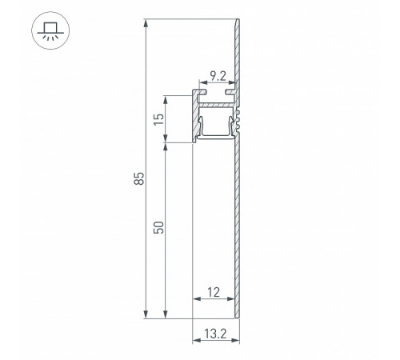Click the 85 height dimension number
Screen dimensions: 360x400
[x=138, y=178]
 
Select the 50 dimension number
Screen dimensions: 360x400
[x=158, y=227]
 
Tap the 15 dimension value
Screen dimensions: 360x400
[x=158, y=120]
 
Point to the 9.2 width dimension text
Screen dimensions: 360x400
[x=217, y=78]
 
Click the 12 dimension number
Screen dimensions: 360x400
[x=213, y=293]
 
